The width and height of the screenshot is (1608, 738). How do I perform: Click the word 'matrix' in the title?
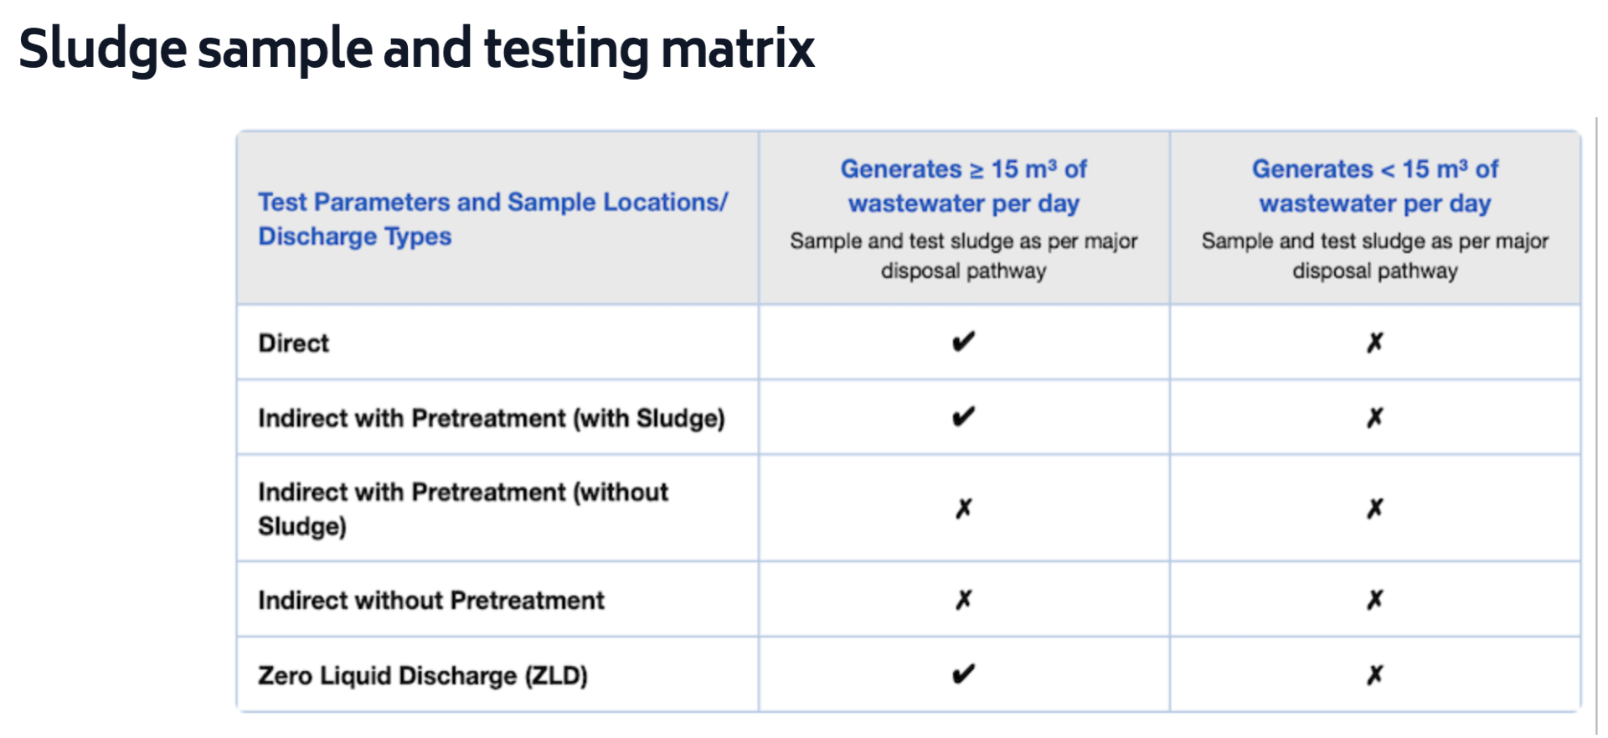click(737, 49)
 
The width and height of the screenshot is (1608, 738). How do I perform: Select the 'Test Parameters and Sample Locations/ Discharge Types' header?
click(492, 219)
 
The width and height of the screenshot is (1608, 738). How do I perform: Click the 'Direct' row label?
click(293, 343)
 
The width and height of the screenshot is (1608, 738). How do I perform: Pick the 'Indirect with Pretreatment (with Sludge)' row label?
click(491, 418)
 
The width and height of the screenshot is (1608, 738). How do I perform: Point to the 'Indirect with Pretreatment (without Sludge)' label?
click(463, 508)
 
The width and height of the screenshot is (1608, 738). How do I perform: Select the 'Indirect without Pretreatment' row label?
click(430, 601)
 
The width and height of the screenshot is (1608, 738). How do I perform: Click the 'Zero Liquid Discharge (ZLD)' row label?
click(422, 675)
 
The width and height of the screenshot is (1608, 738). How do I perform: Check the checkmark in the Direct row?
click(964, 342)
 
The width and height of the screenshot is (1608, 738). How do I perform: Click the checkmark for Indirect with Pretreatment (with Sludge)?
click(964, 416)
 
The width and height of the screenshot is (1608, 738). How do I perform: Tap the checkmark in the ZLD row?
click(964, 673)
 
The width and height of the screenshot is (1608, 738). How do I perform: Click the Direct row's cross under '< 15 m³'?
click(1375, 342)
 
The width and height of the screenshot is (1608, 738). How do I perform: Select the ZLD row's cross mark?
click(1375, 674)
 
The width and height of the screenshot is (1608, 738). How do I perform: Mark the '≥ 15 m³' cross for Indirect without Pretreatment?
click(964, 599)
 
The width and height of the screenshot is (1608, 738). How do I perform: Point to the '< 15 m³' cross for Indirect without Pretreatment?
click(1375, 599)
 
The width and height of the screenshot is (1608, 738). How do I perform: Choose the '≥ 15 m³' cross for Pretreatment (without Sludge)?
click(964, 508)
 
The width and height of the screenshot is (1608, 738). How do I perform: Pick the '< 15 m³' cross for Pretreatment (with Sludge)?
click(1375, 417)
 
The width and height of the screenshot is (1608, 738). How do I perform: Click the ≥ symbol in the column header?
click(977, 170)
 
